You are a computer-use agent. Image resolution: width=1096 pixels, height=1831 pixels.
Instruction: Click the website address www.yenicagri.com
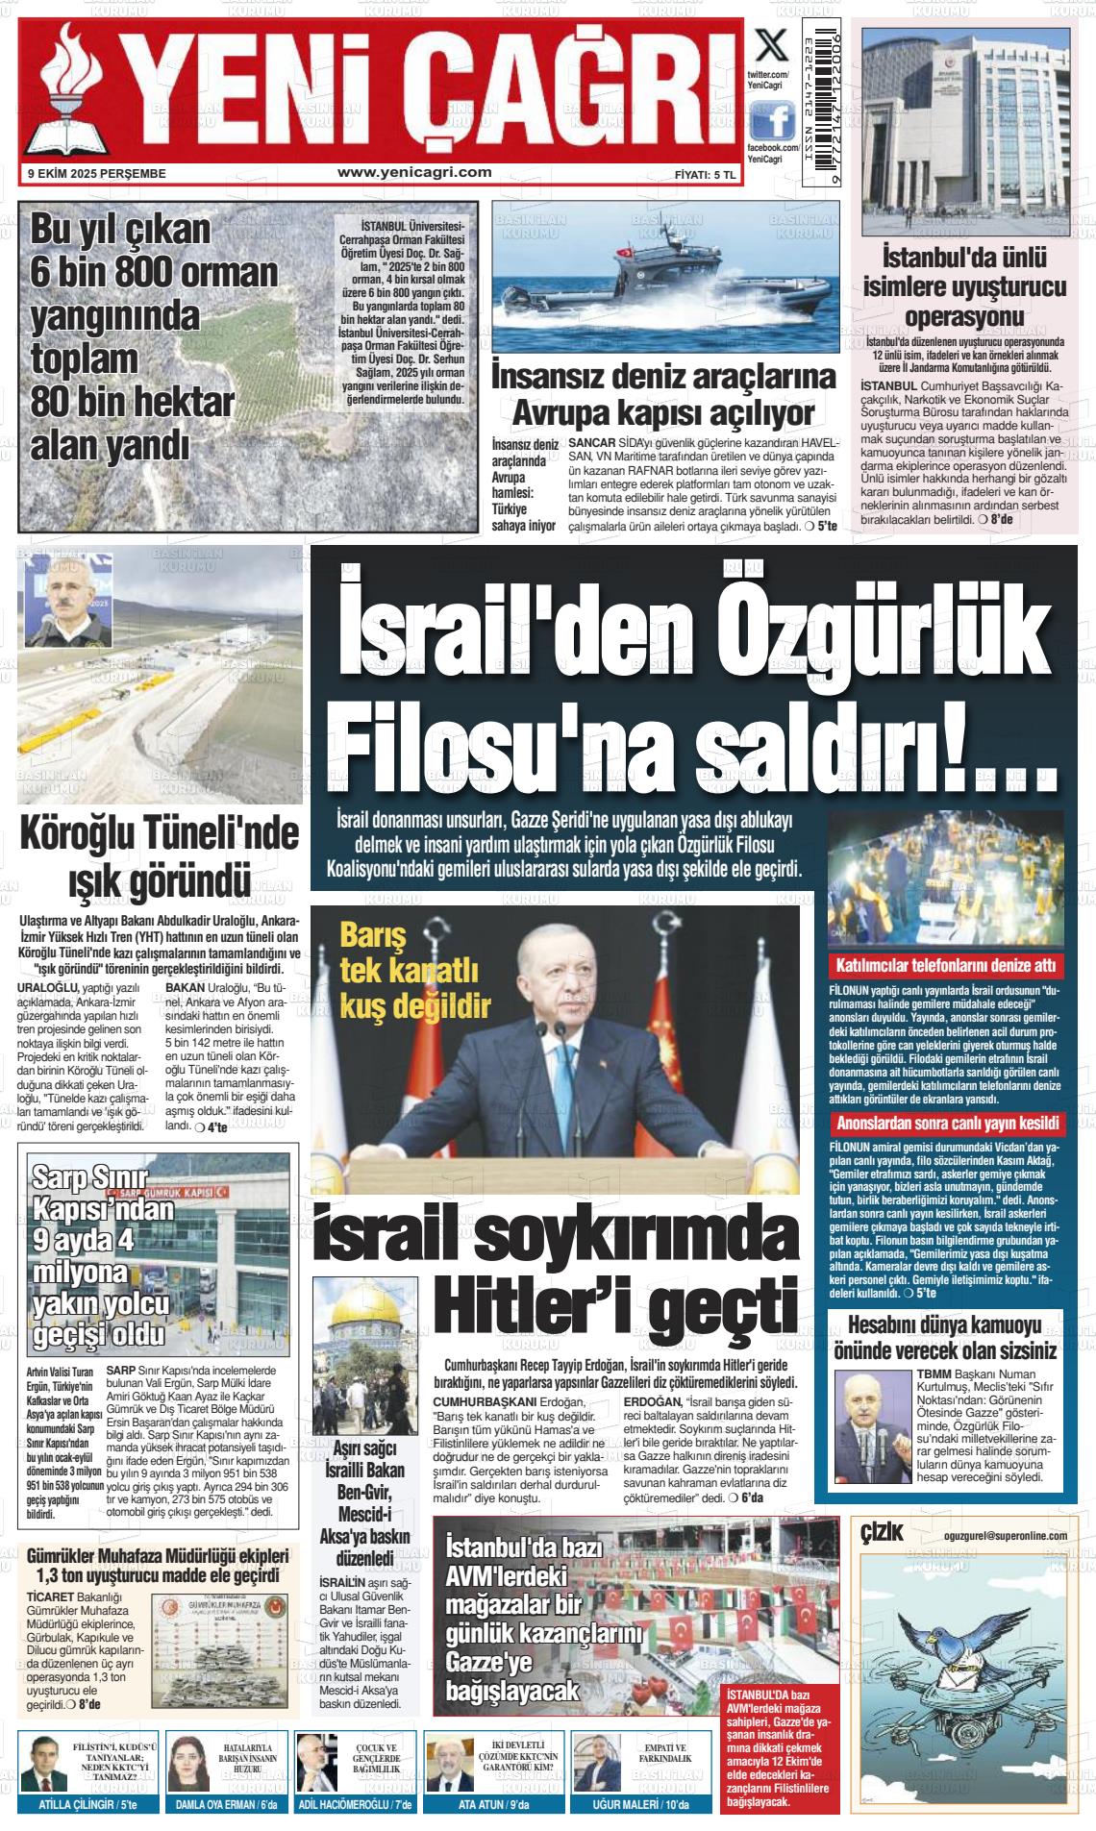(414, 173)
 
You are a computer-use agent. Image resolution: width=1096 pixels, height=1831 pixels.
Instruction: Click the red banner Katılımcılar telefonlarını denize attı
(946, 965)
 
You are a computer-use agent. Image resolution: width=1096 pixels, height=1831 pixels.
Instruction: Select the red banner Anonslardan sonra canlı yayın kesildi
(946, 1124)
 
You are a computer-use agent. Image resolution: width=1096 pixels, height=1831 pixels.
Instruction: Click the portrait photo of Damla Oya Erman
(189, 1763)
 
